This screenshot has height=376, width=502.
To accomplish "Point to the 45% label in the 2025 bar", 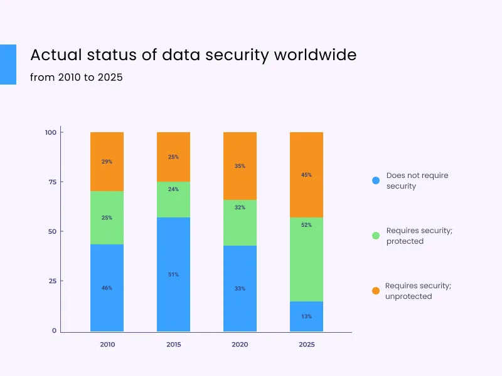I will pos(306,175).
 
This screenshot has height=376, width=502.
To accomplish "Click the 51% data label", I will pos(173,274).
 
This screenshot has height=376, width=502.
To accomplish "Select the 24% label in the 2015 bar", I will pos(173,189).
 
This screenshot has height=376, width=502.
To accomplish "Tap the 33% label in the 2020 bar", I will pos(240,288).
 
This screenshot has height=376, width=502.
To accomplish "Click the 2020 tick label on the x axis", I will pos(240,345).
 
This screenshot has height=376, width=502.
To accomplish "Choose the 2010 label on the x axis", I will pos(107,345).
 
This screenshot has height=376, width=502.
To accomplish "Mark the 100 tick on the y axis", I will pos(51,132).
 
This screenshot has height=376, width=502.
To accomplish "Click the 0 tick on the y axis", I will pos(54,330).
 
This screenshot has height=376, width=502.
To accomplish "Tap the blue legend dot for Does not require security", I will pos(375,180).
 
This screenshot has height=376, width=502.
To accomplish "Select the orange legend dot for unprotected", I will pos(375,291).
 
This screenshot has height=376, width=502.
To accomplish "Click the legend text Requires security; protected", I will pos(419,236).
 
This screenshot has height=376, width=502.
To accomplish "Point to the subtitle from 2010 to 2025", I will pos(76,78).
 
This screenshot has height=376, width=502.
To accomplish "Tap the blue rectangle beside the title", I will pos(8,64).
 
